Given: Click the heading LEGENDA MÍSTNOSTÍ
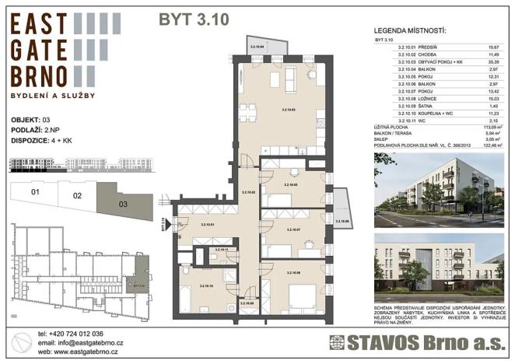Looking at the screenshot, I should pyautogui.click(x=408, y=30).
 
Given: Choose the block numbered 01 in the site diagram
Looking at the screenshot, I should pyautogui.click(x=35, y=192).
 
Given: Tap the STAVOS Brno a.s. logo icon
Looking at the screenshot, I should pyautogui.click(x=337, y=343).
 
